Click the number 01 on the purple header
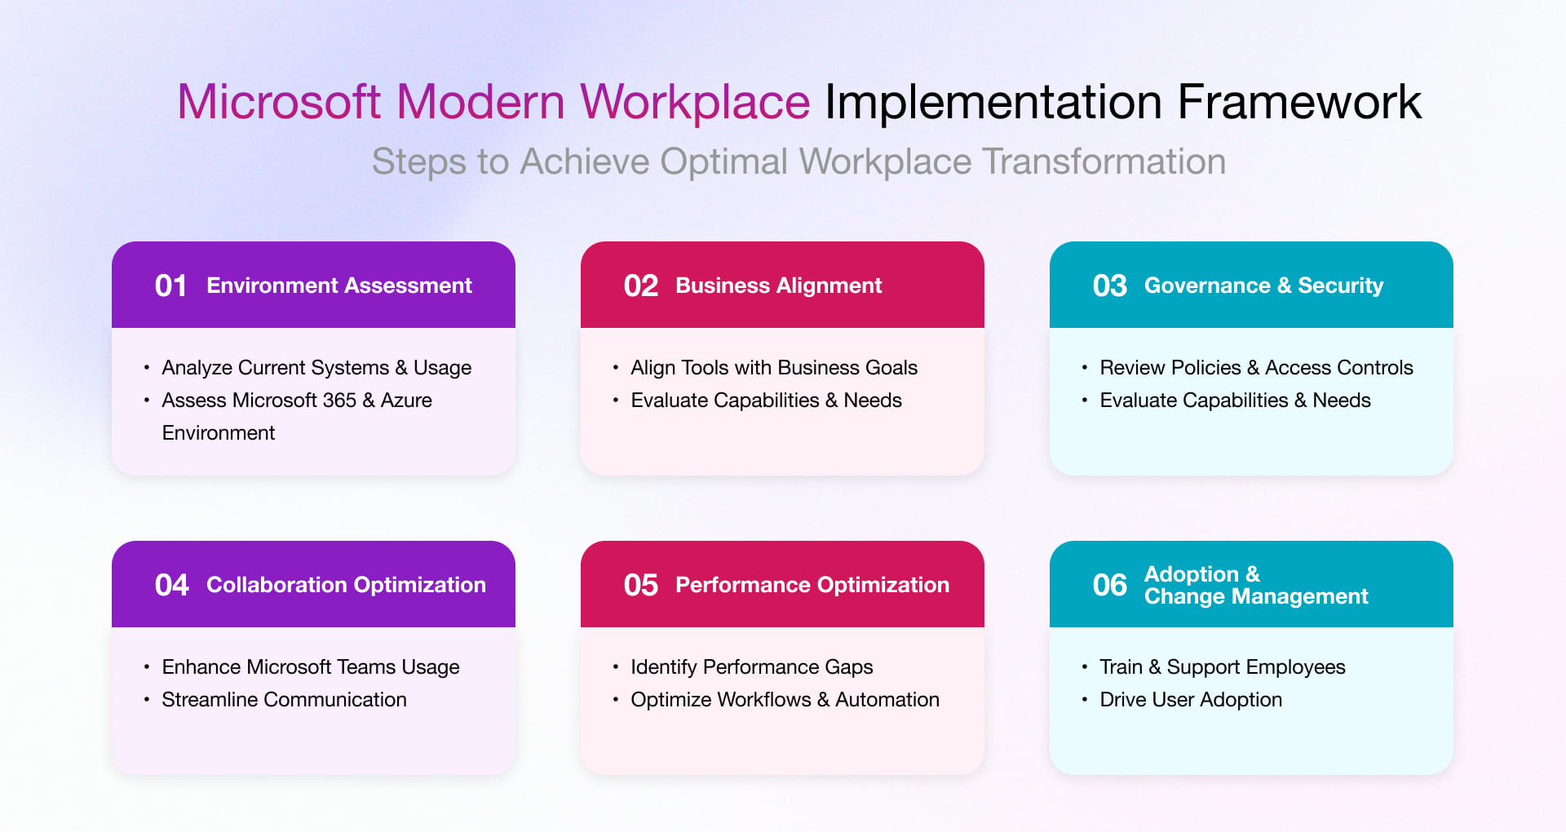[171, 285]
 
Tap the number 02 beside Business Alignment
[640, 285]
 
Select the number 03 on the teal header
[1109, 285]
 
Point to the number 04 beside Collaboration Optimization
[171, 585]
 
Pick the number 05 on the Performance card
[640, 585]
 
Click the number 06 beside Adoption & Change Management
[1109, 585]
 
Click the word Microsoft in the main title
[279, 103]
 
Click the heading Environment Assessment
[338, 285]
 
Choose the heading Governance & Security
[1263, 285]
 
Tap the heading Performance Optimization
[812, 585]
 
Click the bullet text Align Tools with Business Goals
[773, 368]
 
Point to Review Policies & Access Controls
[1255, 368]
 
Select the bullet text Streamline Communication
[284, 700]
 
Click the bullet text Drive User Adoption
[1190, 700]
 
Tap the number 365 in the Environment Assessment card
[338, 401]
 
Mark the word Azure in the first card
[406, 401]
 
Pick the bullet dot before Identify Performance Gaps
[616, 667]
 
